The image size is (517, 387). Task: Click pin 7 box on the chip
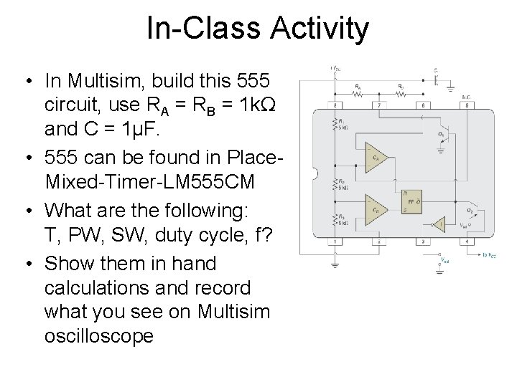[x=379, y=105]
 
